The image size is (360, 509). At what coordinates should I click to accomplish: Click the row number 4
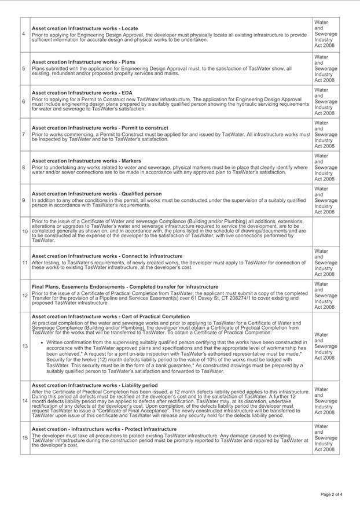point(23,34)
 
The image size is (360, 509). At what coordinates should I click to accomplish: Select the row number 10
point(25,231)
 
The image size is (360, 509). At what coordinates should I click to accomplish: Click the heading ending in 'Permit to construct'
point(100,128)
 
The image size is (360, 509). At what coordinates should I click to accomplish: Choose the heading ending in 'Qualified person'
point(97,194)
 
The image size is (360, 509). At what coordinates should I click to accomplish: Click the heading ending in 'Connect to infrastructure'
point(107,256)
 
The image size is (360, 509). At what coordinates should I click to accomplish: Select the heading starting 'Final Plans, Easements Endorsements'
point(125,286)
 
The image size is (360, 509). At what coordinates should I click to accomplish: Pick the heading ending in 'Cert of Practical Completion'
point(111,317)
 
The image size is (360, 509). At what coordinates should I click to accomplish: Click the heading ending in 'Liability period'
point(94,385)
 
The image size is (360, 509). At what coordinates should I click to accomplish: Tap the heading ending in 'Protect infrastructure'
point(104,429)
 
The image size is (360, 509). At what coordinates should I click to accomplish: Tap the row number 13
point(25,346)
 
